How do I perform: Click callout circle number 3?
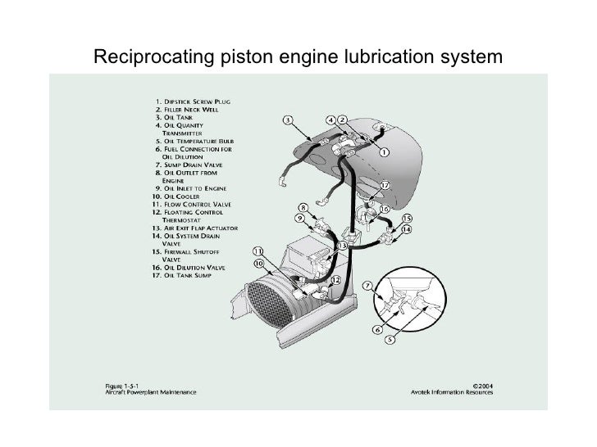coord(289,120)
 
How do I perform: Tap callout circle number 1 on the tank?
coord(385,152)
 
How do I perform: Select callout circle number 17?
coord(385,186)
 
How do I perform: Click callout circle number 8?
coord(303,208)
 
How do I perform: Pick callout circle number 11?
coord(257,251)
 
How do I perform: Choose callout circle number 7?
coord(367,287)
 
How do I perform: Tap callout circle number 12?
coord(336,280)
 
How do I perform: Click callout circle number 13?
coord(341,245)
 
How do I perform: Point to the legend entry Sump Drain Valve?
coord(194,165)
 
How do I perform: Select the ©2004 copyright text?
coord(487,382)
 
